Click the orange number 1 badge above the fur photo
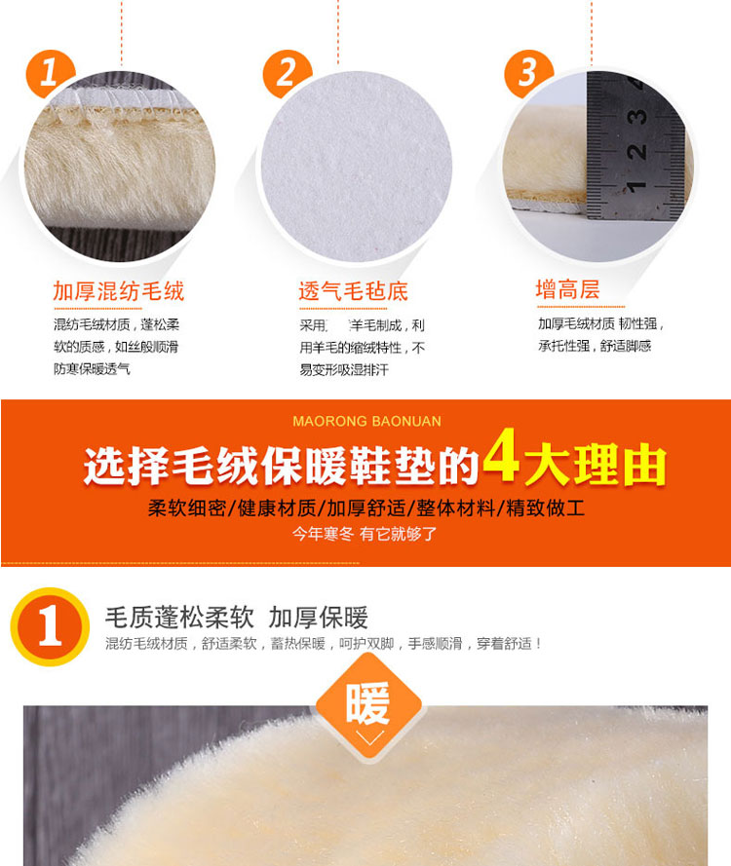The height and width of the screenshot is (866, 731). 50,73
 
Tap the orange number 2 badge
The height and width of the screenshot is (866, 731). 288,73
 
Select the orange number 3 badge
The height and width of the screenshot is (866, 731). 528,73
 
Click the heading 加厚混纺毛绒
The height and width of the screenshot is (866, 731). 118,291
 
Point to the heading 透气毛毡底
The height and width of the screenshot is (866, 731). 354,291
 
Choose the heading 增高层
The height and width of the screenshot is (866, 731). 567,289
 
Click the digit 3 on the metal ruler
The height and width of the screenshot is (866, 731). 636,116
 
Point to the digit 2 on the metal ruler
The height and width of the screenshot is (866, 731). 636,151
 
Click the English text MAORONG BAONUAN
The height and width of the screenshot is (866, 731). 366,422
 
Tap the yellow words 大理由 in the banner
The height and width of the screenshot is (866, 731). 596,465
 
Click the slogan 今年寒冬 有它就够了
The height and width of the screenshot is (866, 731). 365,534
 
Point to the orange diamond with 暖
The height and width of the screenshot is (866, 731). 368,707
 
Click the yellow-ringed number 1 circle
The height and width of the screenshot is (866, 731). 50,627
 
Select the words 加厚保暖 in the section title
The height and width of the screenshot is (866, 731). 319,618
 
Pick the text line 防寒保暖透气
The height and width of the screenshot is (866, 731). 92,368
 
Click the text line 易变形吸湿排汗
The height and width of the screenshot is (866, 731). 344,369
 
